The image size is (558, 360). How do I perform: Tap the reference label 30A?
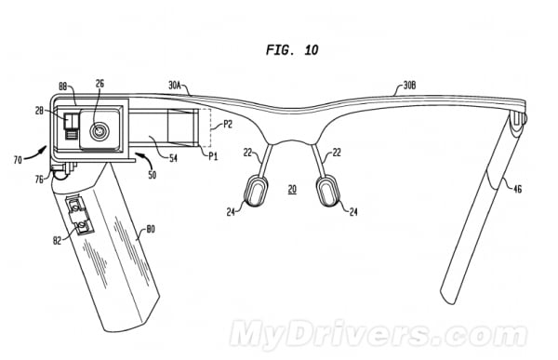[x=176, y=86]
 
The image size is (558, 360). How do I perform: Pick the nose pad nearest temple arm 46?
[x=328, y=193]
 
